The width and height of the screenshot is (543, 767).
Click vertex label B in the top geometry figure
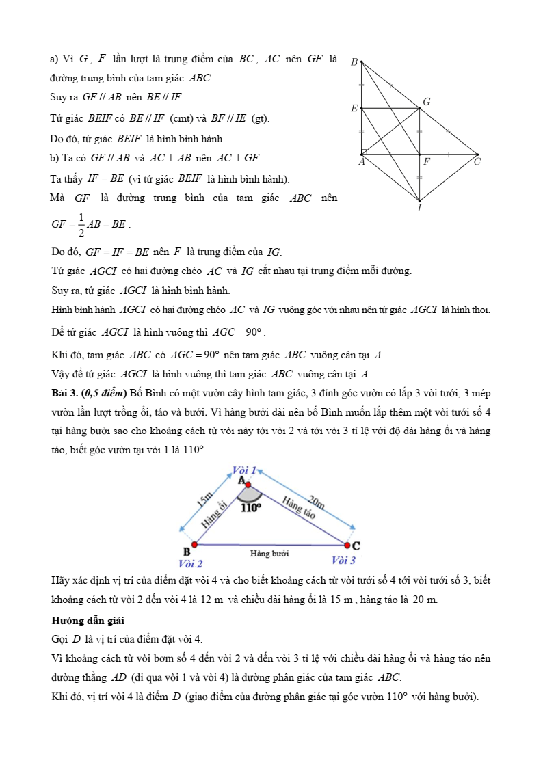tap(354, 62)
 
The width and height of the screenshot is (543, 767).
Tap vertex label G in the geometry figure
tap(427, 102)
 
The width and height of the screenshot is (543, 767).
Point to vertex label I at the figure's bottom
tap(419, 208)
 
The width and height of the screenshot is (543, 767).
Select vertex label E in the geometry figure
tap(354, 108)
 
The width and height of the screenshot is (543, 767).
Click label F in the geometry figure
tap(427, 163)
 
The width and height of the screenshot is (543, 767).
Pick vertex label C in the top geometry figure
tap(477, 162)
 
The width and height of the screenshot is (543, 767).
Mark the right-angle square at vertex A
tap(364, 152)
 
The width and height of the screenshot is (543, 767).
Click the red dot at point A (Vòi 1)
tap(248, 485)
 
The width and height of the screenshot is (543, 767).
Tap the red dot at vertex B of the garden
tap(194, 545)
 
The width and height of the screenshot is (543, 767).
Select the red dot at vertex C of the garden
tap(347, 546)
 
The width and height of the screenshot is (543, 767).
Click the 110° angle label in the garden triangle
tap(251, 507)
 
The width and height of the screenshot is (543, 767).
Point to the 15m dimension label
tap(204, 498)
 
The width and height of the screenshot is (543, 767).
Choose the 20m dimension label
tap(315, 502)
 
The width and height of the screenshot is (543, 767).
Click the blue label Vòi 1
tap(244, 470)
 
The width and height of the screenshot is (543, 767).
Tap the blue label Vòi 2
tap(190, 564)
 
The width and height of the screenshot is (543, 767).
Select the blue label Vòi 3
tap(343, 561)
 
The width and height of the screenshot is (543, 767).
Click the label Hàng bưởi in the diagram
tap(269, 553)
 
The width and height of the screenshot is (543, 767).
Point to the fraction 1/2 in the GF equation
tap(81, 224)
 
